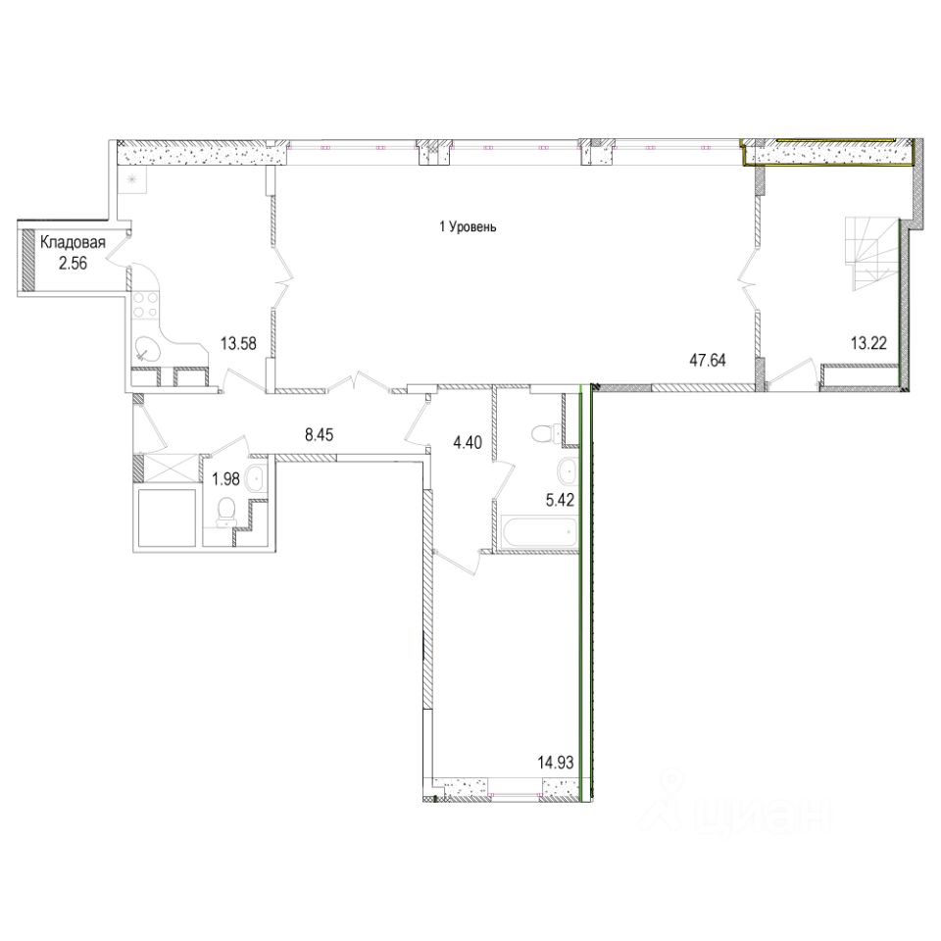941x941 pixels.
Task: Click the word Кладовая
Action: tap(73, 242)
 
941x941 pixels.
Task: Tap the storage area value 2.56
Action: tap(73, 264)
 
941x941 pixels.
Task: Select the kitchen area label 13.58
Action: tap(238, 344)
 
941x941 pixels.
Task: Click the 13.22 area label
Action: tap(868, 343)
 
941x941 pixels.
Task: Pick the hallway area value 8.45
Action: tap(319, 434)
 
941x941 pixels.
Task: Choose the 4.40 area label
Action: tap(468, 444)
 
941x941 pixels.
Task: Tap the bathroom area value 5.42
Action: tap(560, 500)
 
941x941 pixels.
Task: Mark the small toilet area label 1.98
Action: tap(226, 479)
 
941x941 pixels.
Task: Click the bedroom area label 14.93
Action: tap(556, 763)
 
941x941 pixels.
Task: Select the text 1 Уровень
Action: tap(469, 227)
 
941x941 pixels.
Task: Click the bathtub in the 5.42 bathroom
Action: tap(538, 531)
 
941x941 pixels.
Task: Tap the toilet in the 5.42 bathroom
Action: tap(545, 432)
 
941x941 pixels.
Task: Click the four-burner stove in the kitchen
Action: tap(143, 304)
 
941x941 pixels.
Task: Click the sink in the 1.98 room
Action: tap(258, 479)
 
